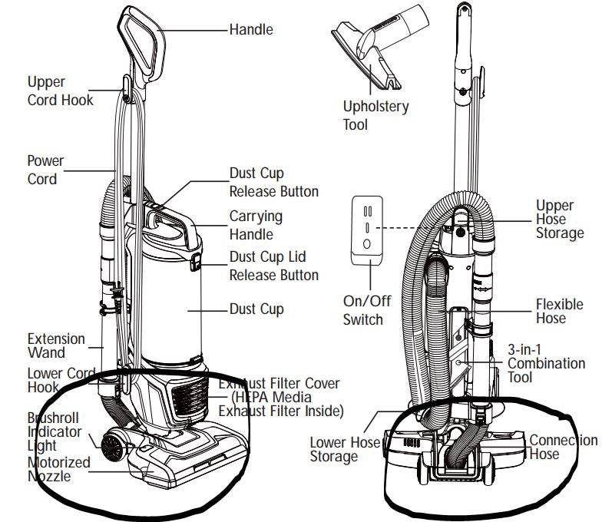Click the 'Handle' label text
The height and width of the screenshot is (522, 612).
tap(250, 30)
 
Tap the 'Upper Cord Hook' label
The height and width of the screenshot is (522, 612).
tap(60, 91)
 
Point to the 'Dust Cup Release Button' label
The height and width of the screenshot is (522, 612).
tap(273, 183)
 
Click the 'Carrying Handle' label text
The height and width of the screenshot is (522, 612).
tap(256, 226)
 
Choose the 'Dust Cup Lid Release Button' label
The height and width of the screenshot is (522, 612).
tap(273, 266)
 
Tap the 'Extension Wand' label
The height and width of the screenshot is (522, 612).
tap(56, 345)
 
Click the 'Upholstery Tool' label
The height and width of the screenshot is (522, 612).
tap(375, 115)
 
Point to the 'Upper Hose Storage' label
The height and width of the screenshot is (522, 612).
tap(560, 219)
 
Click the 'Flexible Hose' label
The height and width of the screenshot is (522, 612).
tap(559, 311)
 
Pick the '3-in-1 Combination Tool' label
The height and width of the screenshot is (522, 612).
tap(546, 363)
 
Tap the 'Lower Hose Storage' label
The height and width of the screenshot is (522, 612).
tap(345, 449)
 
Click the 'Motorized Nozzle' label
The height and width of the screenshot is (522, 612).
tap(58, 469)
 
